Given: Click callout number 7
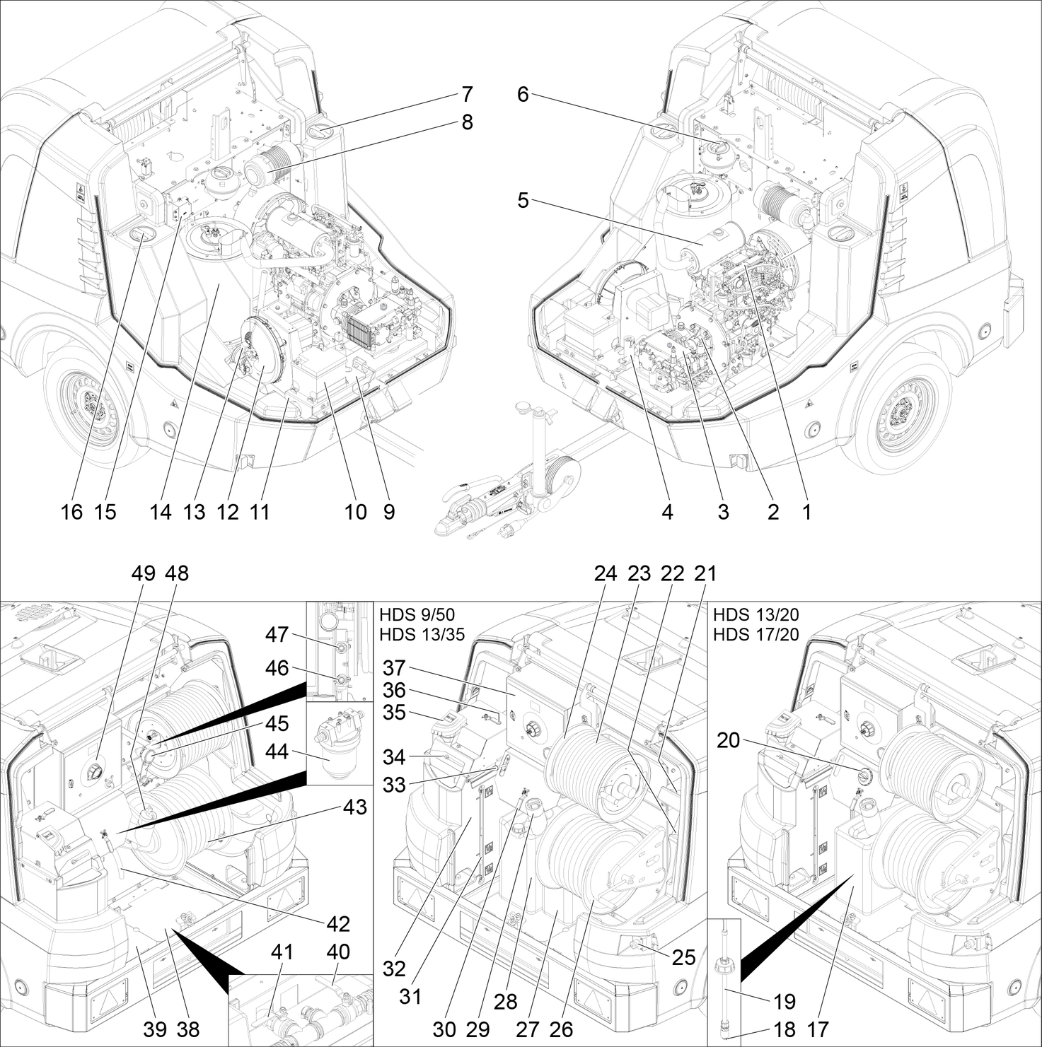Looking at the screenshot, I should pos(467,94).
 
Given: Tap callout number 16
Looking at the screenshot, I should pos(71,511).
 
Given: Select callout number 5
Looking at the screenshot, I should pos(523,201).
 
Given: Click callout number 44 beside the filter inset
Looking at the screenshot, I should pos(277,751).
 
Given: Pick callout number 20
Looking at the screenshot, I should pos(729,740).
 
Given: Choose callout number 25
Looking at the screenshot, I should pos(684,957).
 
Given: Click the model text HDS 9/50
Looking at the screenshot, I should pos(417,614).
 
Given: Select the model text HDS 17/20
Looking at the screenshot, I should pos(756,634).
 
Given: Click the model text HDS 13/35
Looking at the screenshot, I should pos(422,634).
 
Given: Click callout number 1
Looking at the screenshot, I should pos(806,511).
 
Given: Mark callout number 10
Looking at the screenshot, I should pos(356,511).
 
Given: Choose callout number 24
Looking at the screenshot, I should pos(606,573).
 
